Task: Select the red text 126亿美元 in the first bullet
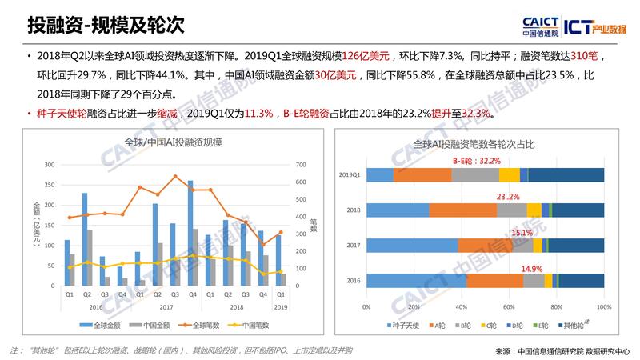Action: pyautogui.click(x=367, y=58)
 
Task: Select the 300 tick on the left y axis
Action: pyautogui.click(x=50, y=164)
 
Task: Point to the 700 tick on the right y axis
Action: pyautogui.click(x=300, y=164)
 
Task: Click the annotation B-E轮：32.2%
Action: pyautogui.click(x=478, y=161)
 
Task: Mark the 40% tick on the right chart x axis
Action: pyautogui.click(x=462, y=306)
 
